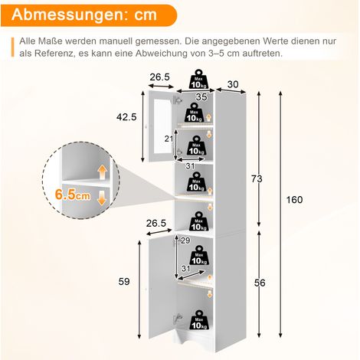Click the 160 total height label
tap(294, 200)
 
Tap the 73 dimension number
tap(257, 179)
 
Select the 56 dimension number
tap(260, 283)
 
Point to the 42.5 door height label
tap(126, 117)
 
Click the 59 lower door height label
tap(124, 282)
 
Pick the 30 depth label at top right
tap(233, 84)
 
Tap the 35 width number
tap(201, 97)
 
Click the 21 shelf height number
tap(169, 139)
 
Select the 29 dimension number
tap(185, 241)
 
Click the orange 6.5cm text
tap(73, 195)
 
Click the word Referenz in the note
tap(54, 54)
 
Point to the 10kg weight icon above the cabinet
tap(198, 79)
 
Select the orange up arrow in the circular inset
tap(102, 172)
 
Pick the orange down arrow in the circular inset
tap(102, 198)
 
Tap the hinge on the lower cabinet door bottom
tap(178, 318)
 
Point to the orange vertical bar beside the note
tap(12, 47)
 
